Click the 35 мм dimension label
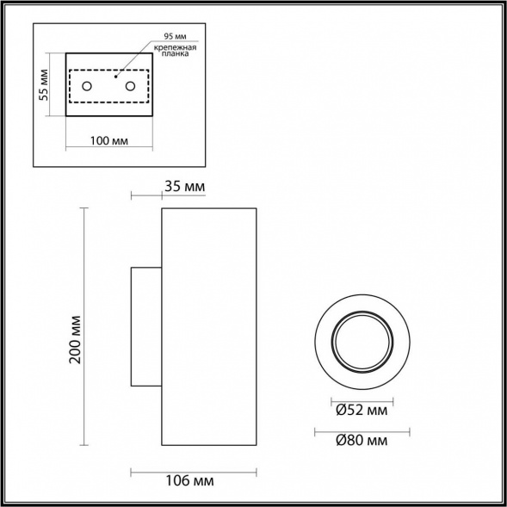tap(182, 187)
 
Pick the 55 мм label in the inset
tap(44, 84)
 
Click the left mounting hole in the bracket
tap(87, 86)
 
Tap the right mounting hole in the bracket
tap(131, 86)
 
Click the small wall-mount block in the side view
tap(145, 326)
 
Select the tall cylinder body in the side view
tap(208, 326)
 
